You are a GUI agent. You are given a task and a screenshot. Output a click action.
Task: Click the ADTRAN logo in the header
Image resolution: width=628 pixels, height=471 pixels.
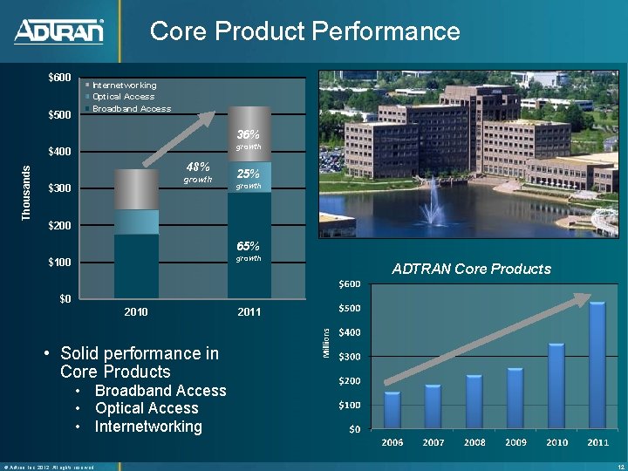pyautogui.click(x=59, y=32)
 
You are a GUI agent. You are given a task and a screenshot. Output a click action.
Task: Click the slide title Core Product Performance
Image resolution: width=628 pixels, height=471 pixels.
pyautogui.click(x=304, y=31)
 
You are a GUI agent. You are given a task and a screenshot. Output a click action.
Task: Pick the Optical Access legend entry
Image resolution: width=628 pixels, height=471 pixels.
pyautogui.click(x=123, y=97)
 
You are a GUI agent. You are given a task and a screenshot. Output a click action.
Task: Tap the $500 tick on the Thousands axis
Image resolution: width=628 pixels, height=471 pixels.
pyautogui.click(x=60, y=115)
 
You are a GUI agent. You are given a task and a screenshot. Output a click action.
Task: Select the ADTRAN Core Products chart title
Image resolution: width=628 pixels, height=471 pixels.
pyautogui.click(x=471, y=269)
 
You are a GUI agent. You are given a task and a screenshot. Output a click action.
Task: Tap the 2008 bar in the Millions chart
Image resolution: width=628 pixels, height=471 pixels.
pyautogui.click(x=474, y=401)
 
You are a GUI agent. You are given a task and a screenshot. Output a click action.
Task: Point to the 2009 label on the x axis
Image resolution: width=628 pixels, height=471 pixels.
pyautogui.click(x=515, y=442)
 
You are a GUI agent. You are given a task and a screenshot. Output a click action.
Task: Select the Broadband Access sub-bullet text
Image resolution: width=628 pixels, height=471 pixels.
pyautogui.click(x=160, y=391)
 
